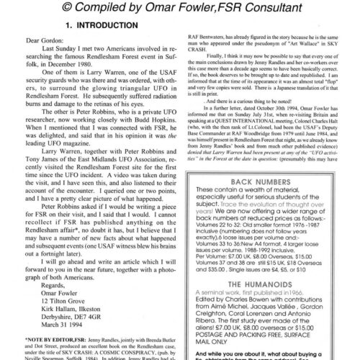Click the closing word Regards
(58, 284)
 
